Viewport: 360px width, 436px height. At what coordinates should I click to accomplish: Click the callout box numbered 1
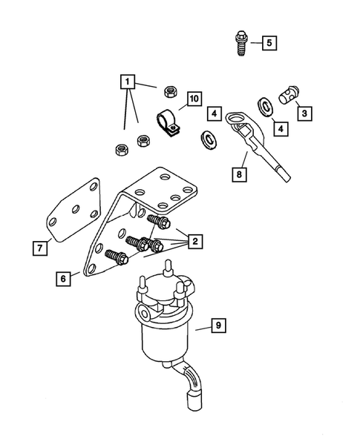[x=129, y=80]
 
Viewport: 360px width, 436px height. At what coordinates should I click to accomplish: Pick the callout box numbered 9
[x=217, y=324]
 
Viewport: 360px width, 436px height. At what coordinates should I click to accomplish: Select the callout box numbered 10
[x=193, y=99]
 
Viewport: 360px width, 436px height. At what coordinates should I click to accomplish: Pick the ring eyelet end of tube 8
[x=239, y=119]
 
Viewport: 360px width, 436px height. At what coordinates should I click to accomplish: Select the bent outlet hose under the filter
[x=192, y=394]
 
